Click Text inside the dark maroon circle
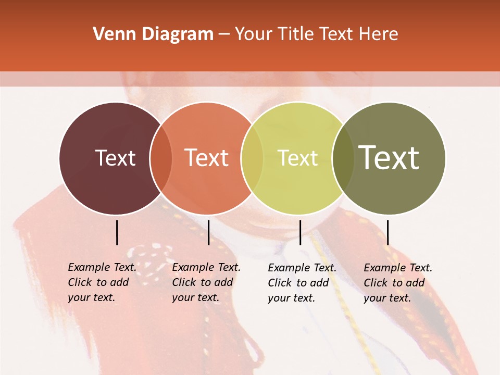coord(115,158)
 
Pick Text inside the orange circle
coord(206,158)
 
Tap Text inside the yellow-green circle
coord(297,158)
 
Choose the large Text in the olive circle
coord(389,158)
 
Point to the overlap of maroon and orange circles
coord(160,158)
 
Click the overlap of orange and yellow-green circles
coord(252,158)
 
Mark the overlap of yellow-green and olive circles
coord(342,158)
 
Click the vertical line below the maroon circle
coord(117,232)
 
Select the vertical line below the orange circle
coord(208,232)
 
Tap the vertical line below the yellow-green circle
coord(300,232)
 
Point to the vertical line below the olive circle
coord(387,232)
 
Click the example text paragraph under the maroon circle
coord(102,282)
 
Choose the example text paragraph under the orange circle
coord(206,282)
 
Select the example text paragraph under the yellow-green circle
coord(302,283)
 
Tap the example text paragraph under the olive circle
coord(398,283)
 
